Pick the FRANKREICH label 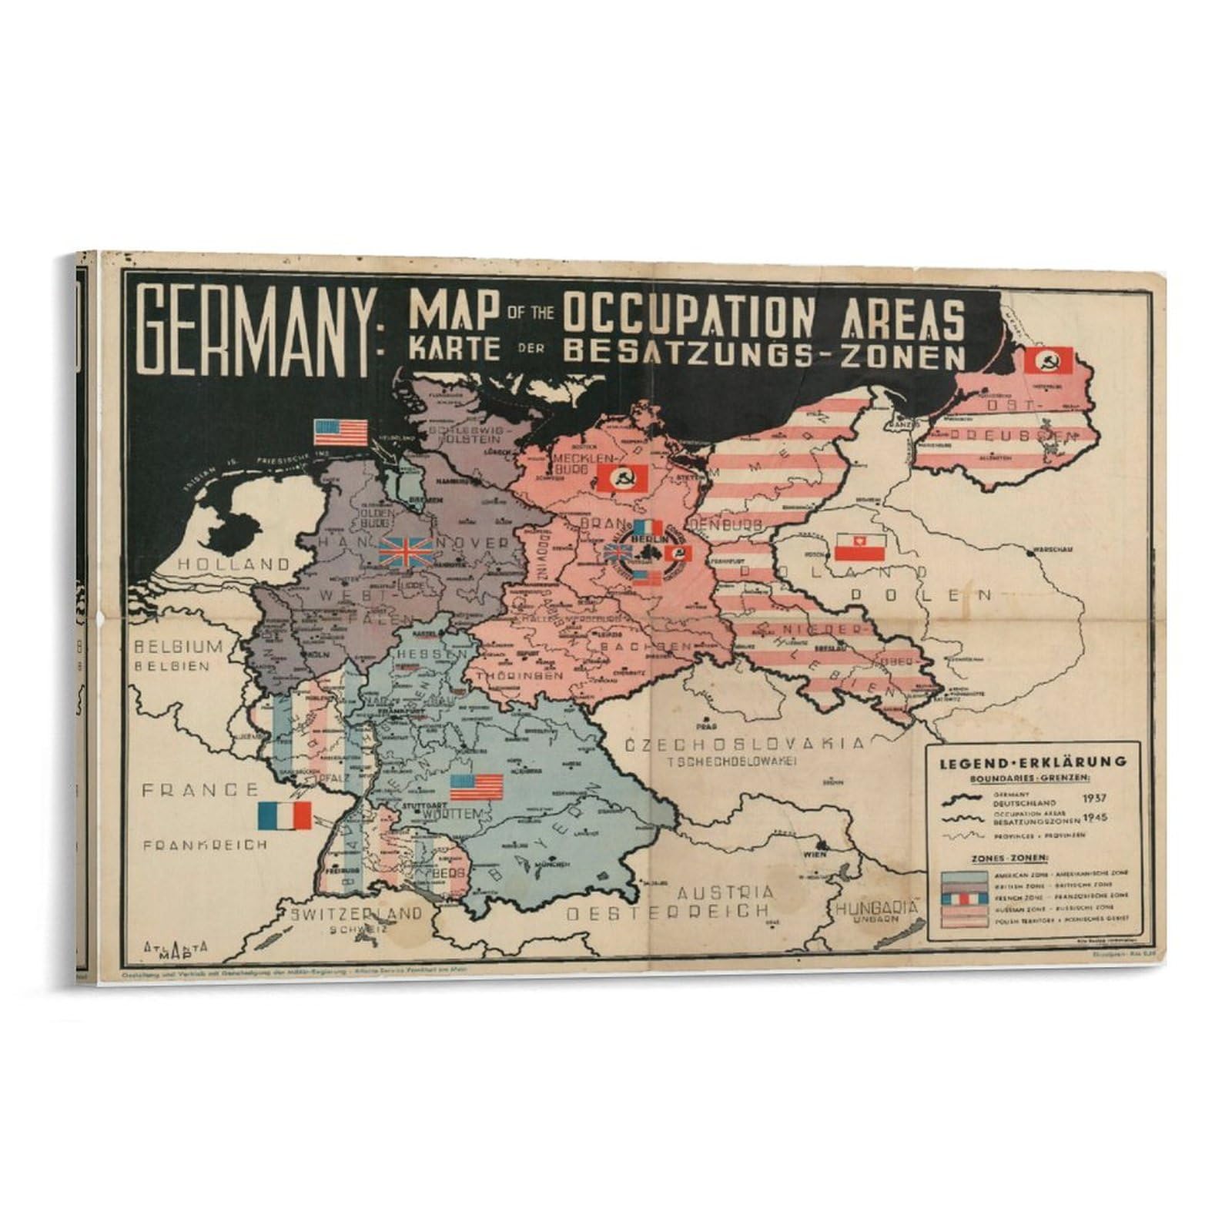(x=206, y=845)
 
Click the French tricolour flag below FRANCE (x=285, y=815)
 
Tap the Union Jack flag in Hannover (x=406, y=552)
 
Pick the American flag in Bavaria (x=477, y=787)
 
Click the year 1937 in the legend (x=1097, y=798)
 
